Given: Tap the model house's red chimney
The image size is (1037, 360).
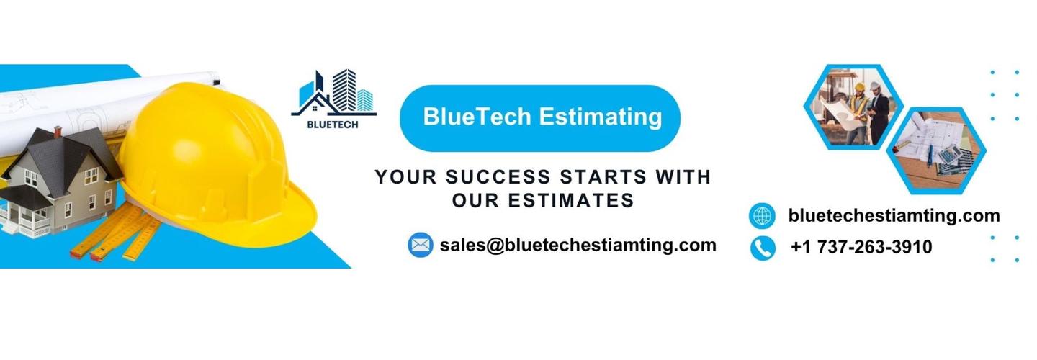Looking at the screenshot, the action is pyautogui.click(x=58, y=132).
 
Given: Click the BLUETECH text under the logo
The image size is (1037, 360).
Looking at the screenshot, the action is pyautogui.click(x=333, y=125).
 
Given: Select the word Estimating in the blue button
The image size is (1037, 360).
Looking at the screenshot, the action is pyautogui.click(x=601, y=117).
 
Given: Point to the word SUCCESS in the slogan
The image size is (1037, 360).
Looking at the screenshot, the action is pyautogui.click(x=498, y=177).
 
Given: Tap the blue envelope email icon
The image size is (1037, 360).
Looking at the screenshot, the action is pyautogui.click(x=421, y=245).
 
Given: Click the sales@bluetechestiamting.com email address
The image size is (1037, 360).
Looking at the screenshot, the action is pyautogui.click(x=578, y=246).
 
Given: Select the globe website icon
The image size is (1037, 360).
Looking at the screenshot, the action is pyautogui.click(x=762, y=215).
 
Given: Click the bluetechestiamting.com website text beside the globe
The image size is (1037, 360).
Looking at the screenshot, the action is pyautogui.click(x=894, y=215).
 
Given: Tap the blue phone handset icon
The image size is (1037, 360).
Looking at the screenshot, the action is pyautogui.click(x=763, y=248).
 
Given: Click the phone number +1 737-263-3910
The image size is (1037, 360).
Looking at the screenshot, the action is pyautogui.click(x=861, y=247).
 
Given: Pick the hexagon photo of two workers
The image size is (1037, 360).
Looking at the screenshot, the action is pyautogui.click(x=853, y=107).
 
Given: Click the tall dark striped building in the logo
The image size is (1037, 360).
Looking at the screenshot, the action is pyautogui.click(x=344, y=90).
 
